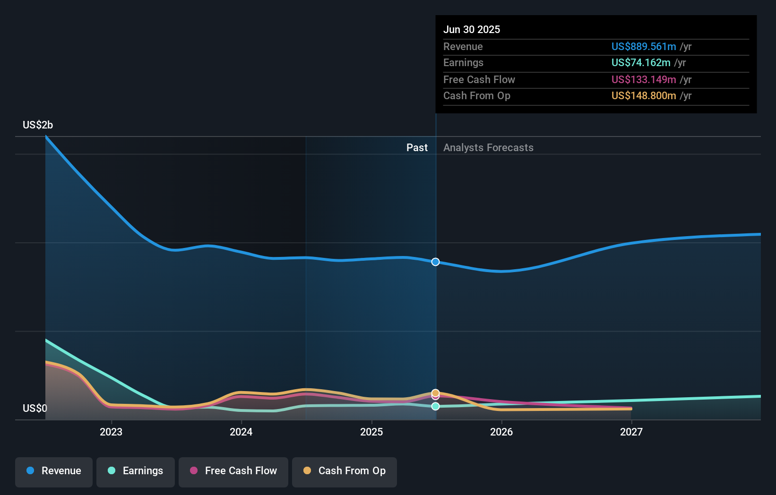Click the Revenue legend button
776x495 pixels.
(54, 471)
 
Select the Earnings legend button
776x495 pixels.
(136, 471)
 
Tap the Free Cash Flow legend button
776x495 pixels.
(233, 471)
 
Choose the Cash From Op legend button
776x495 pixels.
(345, 471)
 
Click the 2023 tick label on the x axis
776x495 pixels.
(111, 432)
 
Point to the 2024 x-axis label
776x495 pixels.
(241, 432)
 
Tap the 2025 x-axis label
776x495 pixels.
(371, 432)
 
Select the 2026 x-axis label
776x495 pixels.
(501, 432)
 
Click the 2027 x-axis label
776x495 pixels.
(631, 432)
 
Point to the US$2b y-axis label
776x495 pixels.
(38, 125)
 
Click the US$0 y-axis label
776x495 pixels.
(35, 409)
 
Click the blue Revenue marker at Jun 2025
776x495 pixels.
(436, 262)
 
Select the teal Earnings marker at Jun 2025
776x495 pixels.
(436, 407)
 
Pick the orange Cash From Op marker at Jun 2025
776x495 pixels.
(436, 393)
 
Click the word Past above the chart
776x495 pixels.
(417, 148)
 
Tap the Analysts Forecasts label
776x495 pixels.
(488, 148)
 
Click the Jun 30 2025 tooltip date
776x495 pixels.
(472, 30)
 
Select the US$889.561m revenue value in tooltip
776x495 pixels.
(644, 47)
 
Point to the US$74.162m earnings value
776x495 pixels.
(641, 63)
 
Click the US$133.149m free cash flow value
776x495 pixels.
(644, 80)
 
